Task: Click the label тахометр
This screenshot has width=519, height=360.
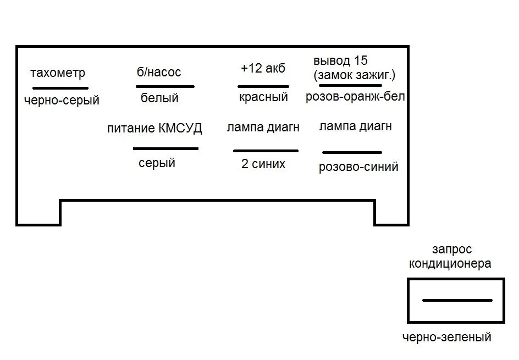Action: coord(58,73)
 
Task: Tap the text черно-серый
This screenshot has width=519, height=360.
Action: coord(62,101)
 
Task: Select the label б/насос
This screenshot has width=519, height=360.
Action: coord(159,72)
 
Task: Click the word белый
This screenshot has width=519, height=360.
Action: coord(159,98)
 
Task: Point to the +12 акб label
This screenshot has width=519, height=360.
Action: coord(263,69)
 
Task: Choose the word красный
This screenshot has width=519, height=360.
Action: coord(263,97)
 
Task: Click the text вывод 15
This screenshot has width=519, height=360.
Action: coord(340,60)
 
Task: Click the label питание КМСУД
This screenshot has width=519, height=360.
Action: coord(155,129)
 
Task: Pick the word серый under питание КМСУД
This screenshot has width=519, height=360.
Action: coord(157,163)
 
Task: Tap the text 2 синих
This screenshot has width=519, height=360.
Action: coord(263,164)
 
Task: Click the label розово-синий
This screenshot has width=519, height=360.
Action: coord(358,167)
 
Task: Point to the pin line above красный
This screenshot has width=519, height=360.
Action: coord(263,86)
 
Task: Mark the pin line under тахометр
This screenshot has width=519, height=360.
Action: coord(60,88)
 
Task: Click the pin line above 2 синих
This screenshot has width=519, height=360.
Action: coord(266,151)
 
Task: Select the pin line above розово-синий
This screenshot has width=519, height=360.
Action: coord(352,152)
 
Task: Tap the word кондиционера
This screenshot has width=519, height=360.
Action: coord(450,264)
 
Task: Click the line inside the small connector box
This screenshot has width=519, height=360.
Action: coord(457,300)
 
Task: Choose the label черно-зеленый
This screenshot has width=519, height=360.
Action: coord(446,337)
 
